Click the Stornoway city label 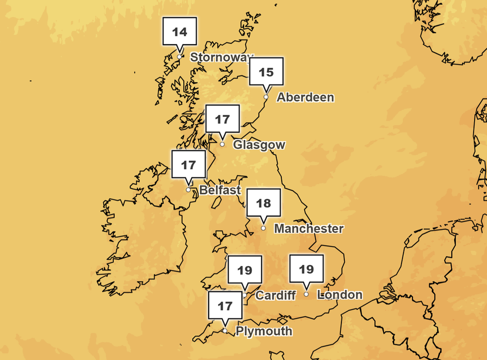coord(222,58)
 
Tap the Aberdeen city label coord(305,97)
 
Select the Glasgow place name coord(259,145)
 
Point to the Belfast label coord(220,190)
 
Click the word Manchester coord(309,229)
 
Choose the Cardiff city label coord(275,295)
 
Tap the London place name coord(340,295)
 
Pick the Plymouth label coord(264,331)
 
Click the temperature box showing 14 coord(180,32)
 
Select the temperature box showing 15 coord(266,72)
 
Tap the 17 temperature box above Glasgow coord(223,120)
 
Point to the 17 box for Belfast coord(188,165)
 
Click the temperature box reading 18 coord(263,204)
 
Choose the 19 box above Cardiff coord(244,271)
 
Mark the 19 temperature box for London coord(307,270)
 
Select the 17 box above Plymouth coord(225,306)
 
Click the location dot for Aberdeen coord(266,97)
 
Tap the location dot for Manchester coord(263,228)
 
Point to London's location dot coord(307,294)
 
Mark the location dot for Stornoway coord(179,57)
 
